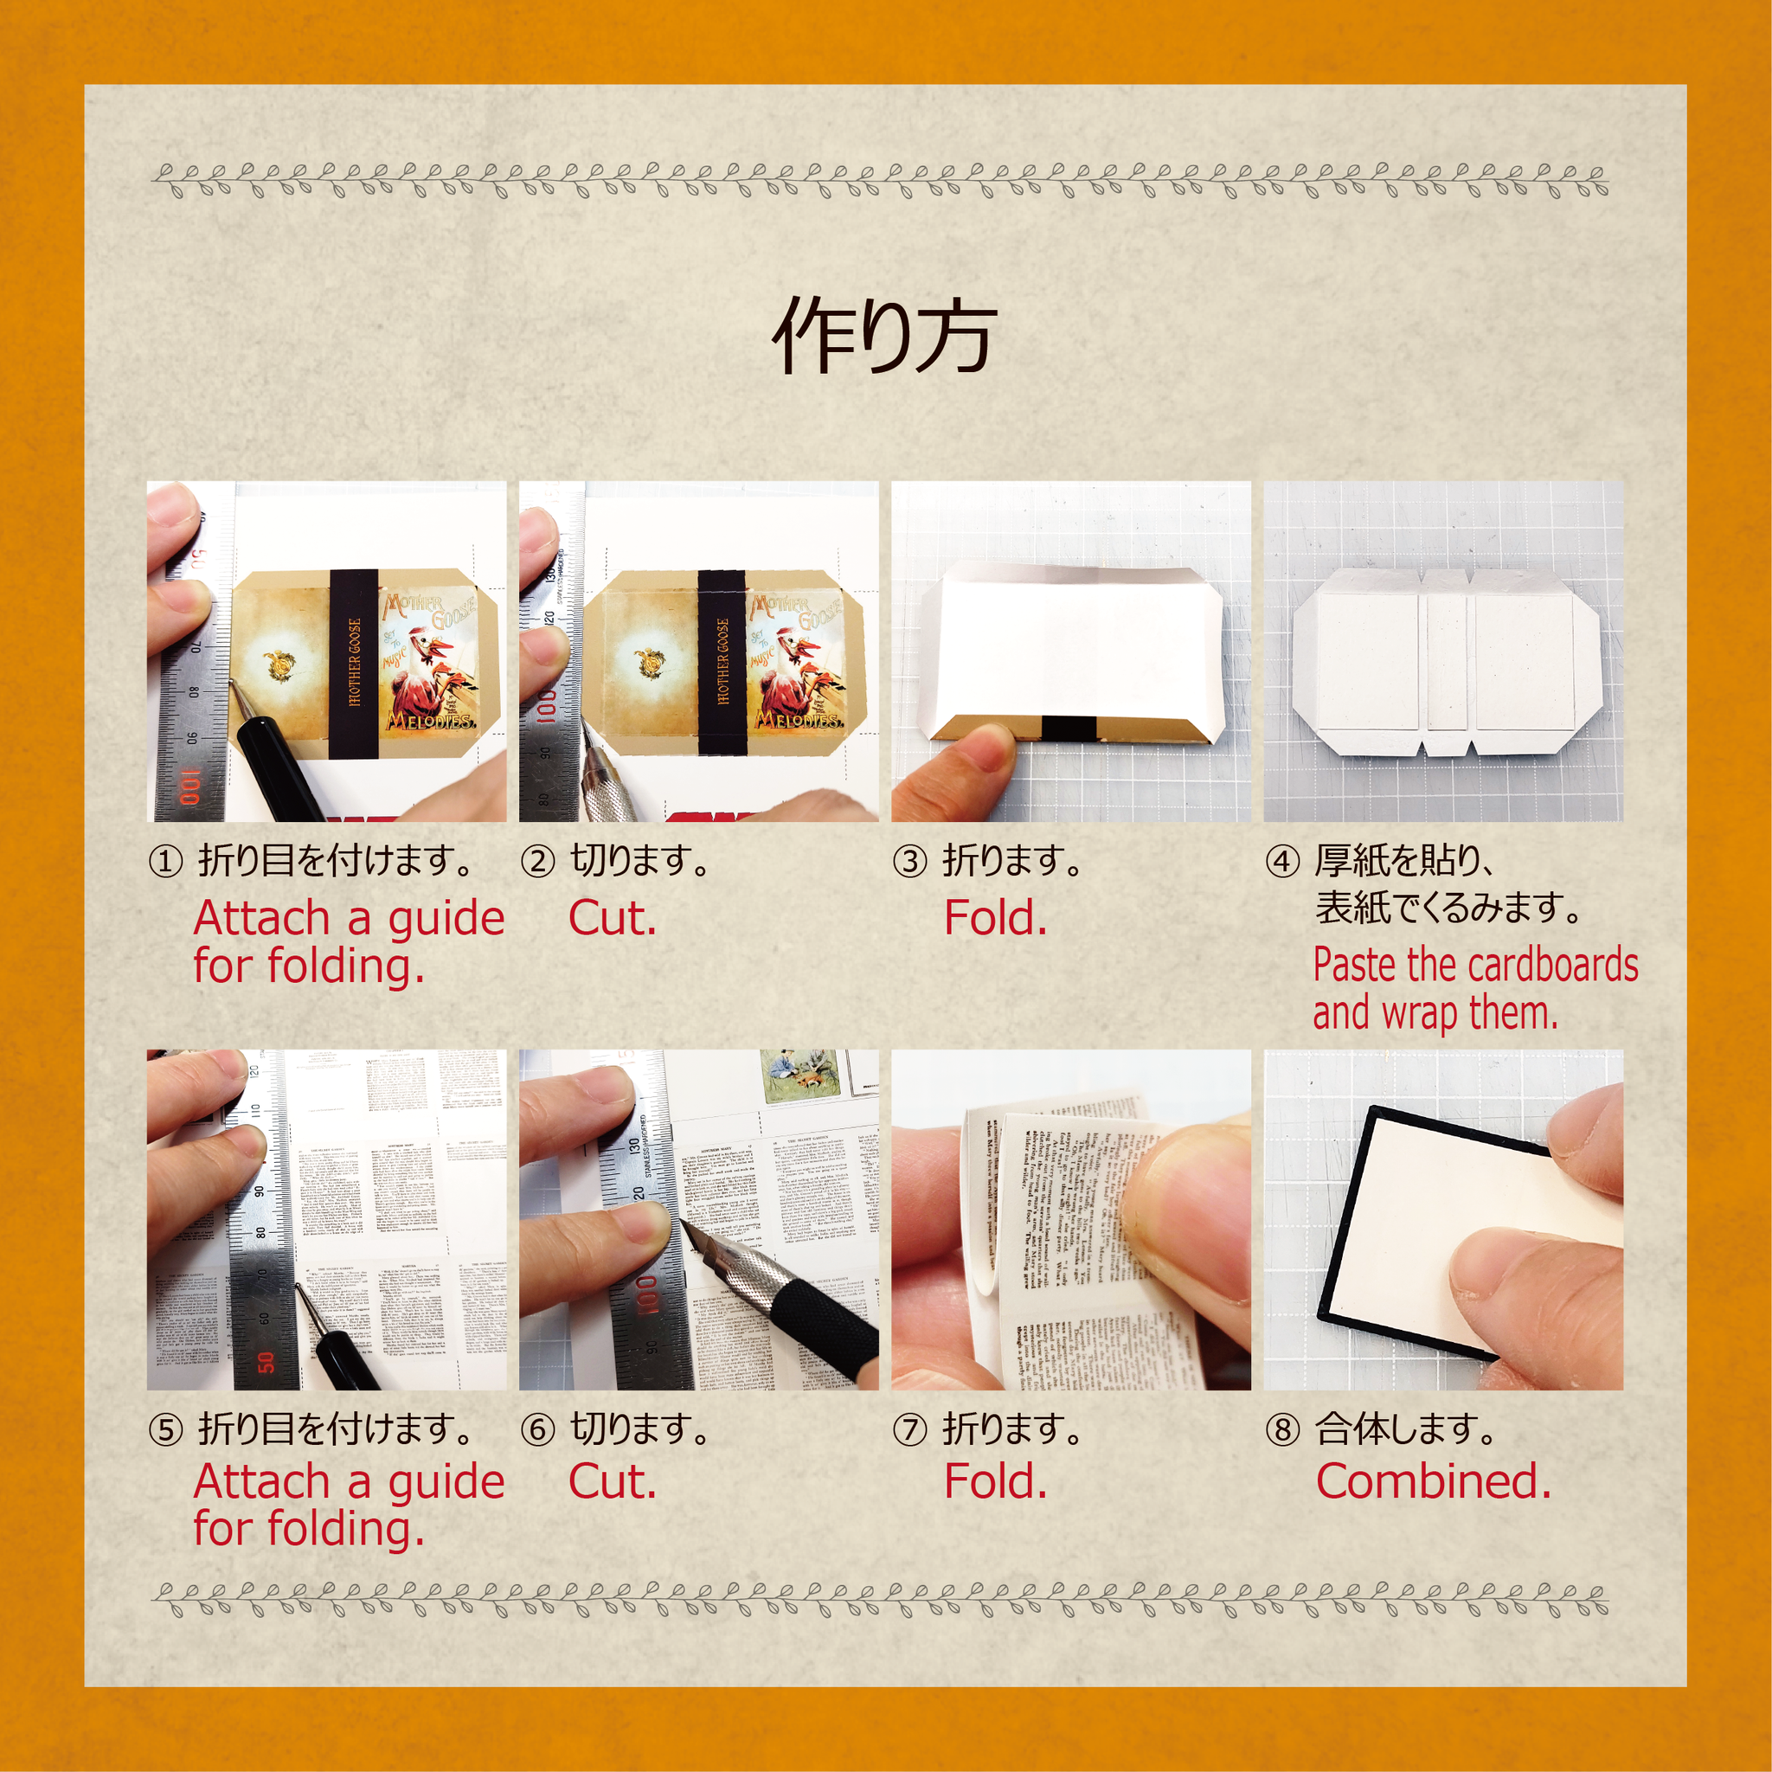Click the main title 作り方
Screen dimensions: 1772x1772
884,336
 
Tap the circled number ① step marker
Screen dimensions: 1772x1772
165,862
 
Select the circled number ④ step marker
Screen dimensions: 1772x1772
1282,862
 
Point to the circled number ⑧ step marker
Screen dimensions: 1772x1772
1282,1430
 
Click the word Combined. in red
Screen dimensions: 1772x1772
1434,1481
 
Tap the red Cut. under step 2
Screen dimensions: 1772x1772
612,918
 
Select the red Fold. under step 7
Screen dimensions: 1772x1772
995,1481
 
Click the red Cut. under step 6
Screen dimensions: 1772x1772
612,1481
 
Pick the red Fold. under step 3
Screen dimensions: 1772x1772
995,918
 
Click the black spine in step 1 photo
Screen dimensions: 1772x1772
353,662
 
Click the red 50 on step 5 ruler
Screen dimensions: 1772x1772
266,1362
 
